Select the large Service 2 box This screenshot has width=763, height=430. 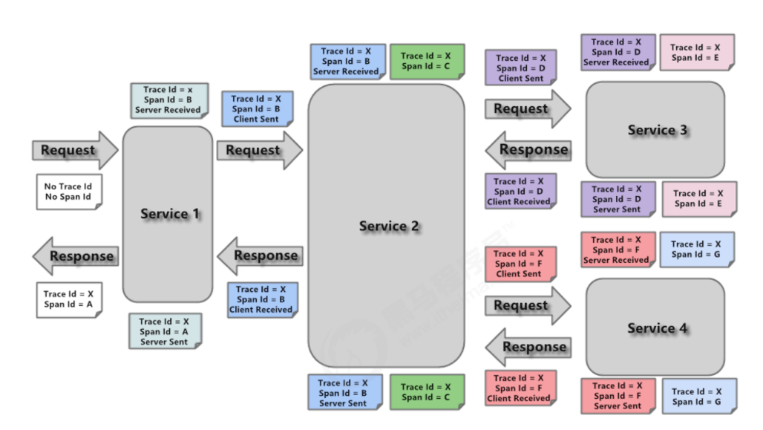click(x=386, y=226)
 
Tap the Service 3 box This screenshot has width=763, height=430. click(x=655, y=129)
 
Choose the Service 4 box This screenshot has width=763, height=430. click(x=655, y=328)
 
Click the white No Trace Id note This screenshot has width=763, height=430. click(x=68, y=192)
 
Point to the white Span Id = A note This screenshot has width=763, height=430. click(x=68, y=299)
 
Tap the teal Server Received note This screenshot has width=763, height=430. click(x=167, y=100)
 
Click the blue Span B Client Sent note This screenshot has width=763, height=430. click(x=256, y=108)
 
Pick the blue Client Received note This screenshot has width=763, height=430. click(x=261, y=299)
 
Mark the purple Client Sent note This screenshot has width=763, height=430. click(x=520, y=68)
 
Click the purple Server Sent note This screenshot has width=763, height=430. click(x=617, y=199)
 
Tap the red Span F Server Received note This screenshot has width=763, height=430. click(x=616, y=250)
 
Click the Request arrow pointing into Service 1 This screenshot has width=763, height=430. click(x=74, y=150)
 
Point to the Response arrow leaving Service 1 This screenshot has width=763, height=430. click(x=74, y=256)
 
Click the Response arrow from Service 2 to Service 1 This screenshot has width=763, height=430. click(x=259, y=255)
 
